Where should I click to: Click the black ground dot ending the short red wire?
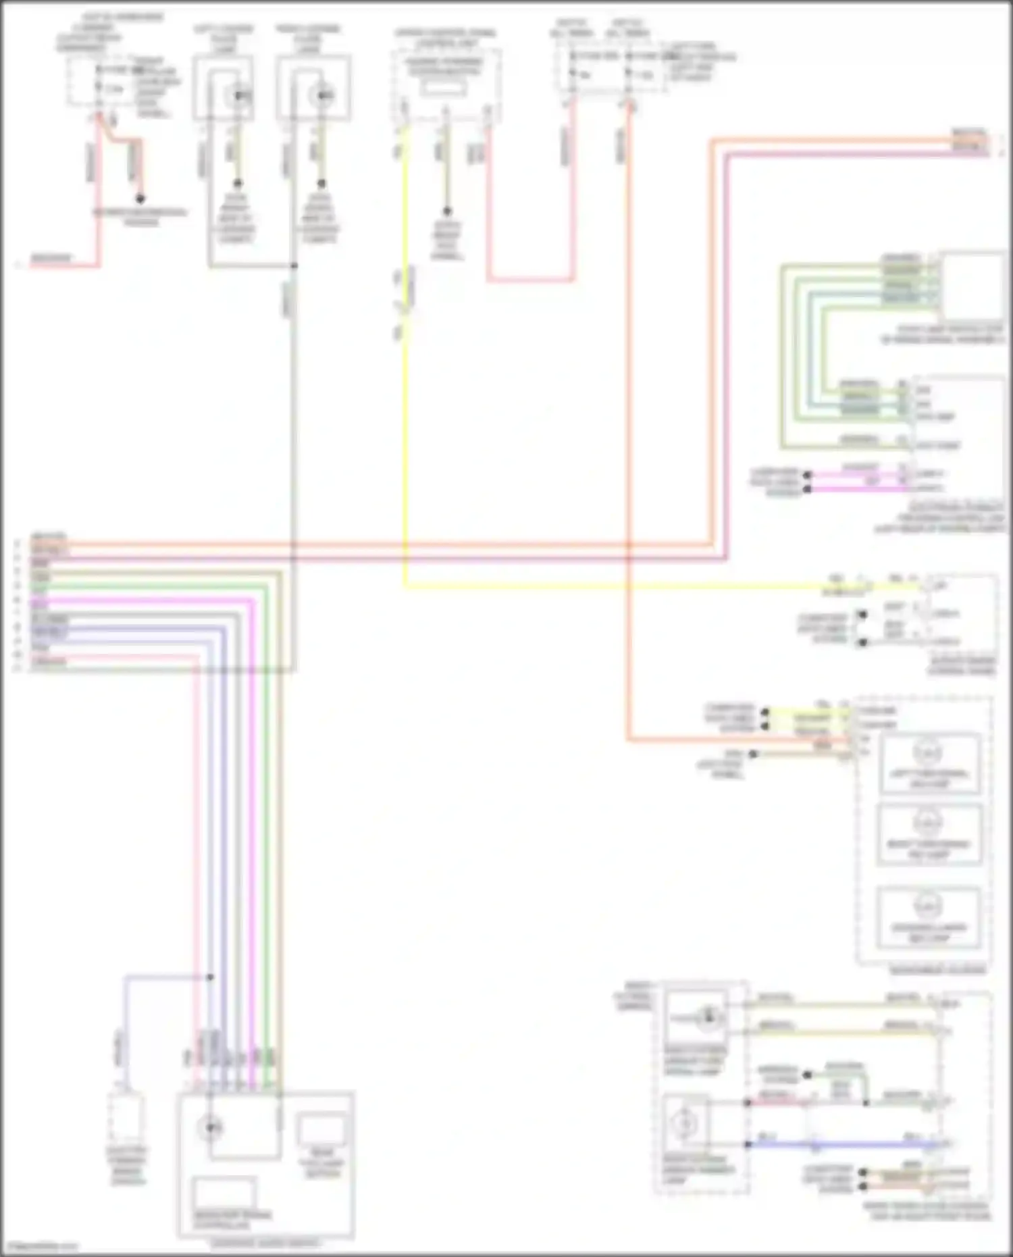140,199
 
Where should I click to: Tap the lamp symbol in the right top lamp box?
322,96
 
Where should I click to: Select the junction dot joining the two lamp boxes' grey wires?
294,265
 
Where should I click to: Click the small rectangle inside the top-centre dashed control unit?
444,88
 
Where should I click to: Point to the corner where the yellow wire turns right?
405,587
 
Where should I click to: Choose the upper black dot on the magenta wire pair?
807,475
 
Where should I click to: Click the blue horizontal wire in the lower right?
844,1145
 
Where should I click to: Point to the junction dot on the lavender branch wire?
210,977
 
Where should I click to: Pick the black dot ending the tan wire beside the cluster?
753,754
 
